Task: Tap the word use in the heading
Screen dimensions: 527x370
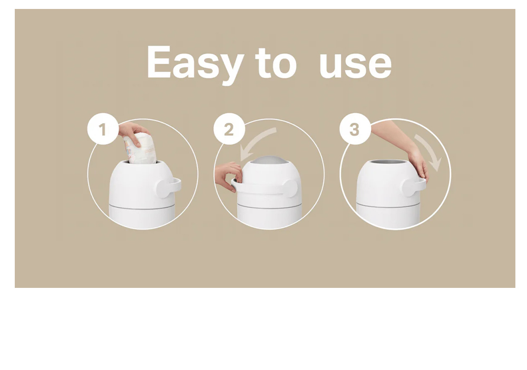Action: pyautogui.click(x=356, y=65)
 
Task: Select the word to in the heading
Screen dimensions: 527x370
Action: pyautogui.click(x=276, y=63)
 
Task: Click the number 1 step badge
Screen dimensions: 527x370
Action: pyautogui.click(x=103, y=129)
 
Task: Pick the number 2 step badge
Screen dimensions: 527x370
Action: pyautogui.click(x=229, y=129)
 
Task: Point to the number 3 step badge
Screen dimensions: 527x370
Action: pyautogui.click(x=355, y=129)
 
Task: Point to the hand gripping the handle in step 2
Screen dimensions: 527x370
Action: pyautogui.click(x=229, y=177)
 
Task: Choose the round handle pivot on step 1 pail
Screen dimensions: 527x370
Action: pyautogui.click(x=164, y=188)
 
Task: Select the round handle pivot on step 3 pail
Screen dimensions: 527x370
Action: pyautogui.click(x=411, y=188)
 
